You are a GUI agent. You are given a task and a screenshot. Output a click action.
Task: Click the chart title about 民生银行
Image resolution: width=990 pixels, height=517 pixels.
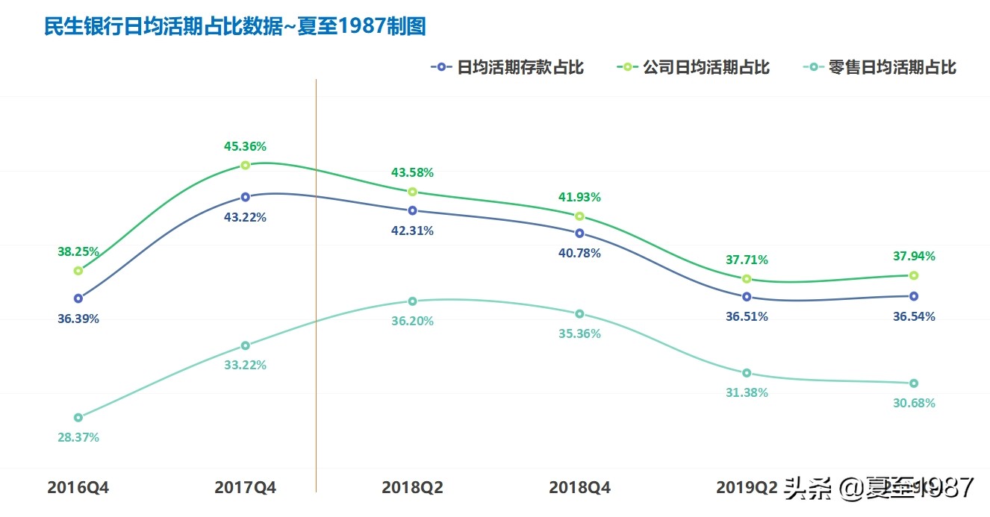(x=235, y=27)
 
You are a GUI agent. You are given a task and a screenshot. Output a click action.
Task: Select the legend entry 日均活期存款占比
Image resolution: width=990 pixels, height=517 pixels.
(x=508, y=67)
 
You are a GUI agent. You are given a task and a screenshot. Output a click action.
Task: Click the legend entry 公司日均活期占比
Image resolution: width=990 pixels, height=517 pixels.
(x=694, y=67)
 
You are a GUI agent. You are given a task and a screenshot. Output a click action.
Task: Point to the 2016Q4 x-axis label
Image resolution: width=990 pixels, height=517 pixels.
(x=78, y=488)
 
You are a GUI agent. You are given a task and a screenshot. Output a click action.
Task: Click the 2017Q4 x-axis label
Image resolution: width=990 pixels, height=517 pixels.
(x=246, y=488)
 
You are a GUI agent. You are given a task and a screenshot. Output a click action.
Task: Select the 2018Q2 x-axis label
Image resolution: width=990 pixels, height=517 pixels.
(x=412, y=488)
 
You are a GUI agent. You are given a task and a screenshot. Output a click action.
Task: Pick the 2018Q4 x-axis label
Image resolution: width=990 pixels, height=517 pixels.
(x=579, y=488)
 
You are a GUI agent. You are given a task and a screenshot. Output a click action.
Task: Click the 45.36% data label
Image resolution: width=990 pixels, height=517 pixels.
(x=246, y=146)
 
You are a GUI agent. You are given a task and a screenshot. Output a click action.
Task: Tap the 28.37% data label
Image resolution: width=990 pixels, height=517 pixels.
(x=78, y=438)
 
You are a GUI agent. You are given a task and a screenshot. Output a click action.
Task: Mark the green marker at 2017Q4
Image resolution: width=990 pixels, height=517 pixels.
(x=246, y=165)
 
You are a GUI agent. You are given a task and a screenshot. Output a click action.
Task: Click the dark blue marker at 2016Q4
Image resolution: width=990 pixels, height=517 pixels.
(x=78, y=298)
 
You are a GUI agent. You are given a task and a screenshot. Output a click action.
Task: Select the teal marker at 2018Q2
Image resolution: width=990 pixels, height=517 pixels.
(x=412, y=301)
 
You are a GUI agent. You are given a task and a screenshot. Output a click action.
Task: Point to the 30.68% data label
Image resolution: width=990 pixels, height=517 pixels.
(x=914, y=404)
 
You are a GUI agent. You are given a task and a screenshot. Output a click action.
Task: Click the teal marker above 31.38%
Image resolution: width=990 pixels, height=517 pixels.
(x=747, y=373)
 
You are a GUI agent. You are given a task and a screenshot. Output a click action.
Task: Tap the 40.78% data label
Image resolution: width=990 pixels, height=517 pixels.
(x=579, y=254)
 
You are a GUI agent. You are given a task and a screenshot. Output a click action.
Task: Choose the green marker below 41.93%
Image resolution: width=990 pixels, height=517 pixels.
(x=579, y=216)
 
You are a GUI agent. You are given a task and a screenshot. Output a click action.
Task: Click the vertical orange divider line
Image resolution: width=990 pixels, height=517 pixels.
(x=316, y=298)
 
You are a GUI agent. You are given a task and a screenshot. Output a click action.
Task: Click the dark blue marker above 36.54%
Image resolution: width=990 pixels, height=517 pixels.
(x=914, y=296)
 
